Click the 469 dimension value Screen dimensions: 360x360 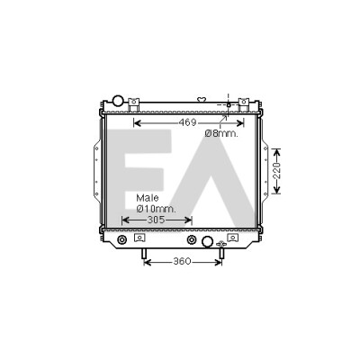[187, 122]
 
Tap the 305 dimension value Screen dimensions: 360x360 [157, 220]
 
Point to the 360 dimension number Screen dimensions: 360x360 [182, 261]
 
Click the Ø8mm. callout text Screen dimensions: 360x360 [221, 134]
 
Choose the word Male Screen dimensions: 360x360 [148, 198]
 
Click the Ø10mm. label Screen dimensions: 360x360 [156, 209]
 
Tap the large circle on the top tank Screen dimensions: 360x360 [118, 100]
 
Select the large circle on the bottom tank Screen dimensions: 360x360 [207, 241]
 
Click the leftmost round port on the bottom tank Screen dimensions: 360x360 [121, 239]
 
